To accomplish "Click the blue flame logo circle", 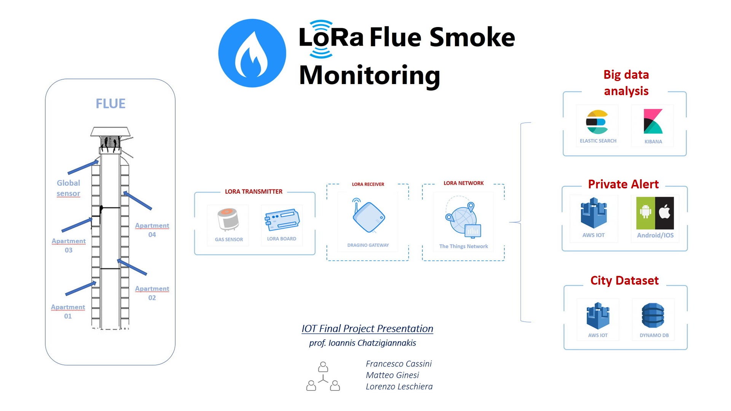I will (x=252, y=53).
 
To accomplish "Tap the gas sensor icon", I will (x=228, y=220).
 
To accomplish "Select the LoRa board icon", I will (x=282, y=220).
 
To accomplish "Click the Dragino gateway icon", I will (x=368, y=216).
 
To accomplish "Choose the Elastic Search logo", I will (x=597, y=122).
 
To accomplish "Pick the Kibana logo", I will (x=653, y=122).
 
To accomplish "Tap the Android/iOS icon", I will (x=655, y=213).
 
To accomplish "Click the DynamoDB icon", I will (x=653, y=315).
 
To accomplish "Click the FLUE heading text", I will (x=110, y=104).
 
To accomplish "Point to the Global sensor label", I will (x=69, y=188).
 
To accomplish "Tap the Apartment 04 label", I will (x=152, y=230).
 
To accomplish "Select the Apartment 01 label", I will (x=68, y=311).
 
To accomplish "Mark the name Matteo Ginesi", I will (x=392, y=375).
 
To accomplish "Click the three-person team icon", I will (x=323, y=376).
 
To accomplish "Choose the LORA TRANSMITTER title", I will (x=254, y=191).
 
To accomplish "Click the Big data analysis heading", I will (x=626, y=83).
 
